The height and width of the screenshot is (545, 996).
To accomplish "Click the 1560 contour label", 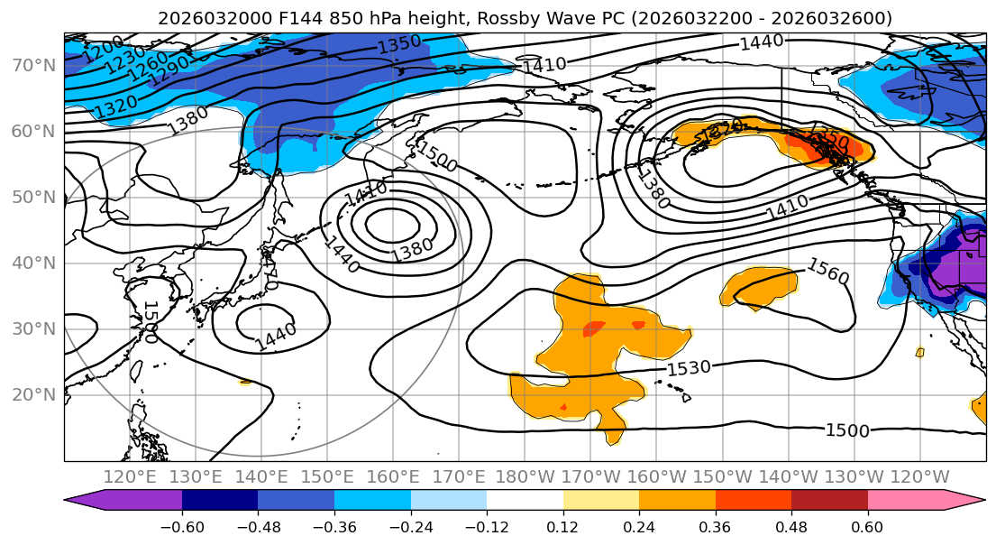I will click(827, 271).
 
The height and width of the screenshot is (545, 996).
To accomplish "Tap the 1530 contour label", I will click(689, 368).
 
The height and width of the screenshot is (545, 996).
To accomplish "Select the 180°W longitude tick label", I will click(525, 476).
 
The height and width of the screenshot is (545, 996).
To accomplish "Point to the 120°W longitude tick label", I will click(919, 476).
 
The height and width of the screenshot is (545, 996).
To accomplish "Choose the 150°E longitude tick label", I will click(328, 476).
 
